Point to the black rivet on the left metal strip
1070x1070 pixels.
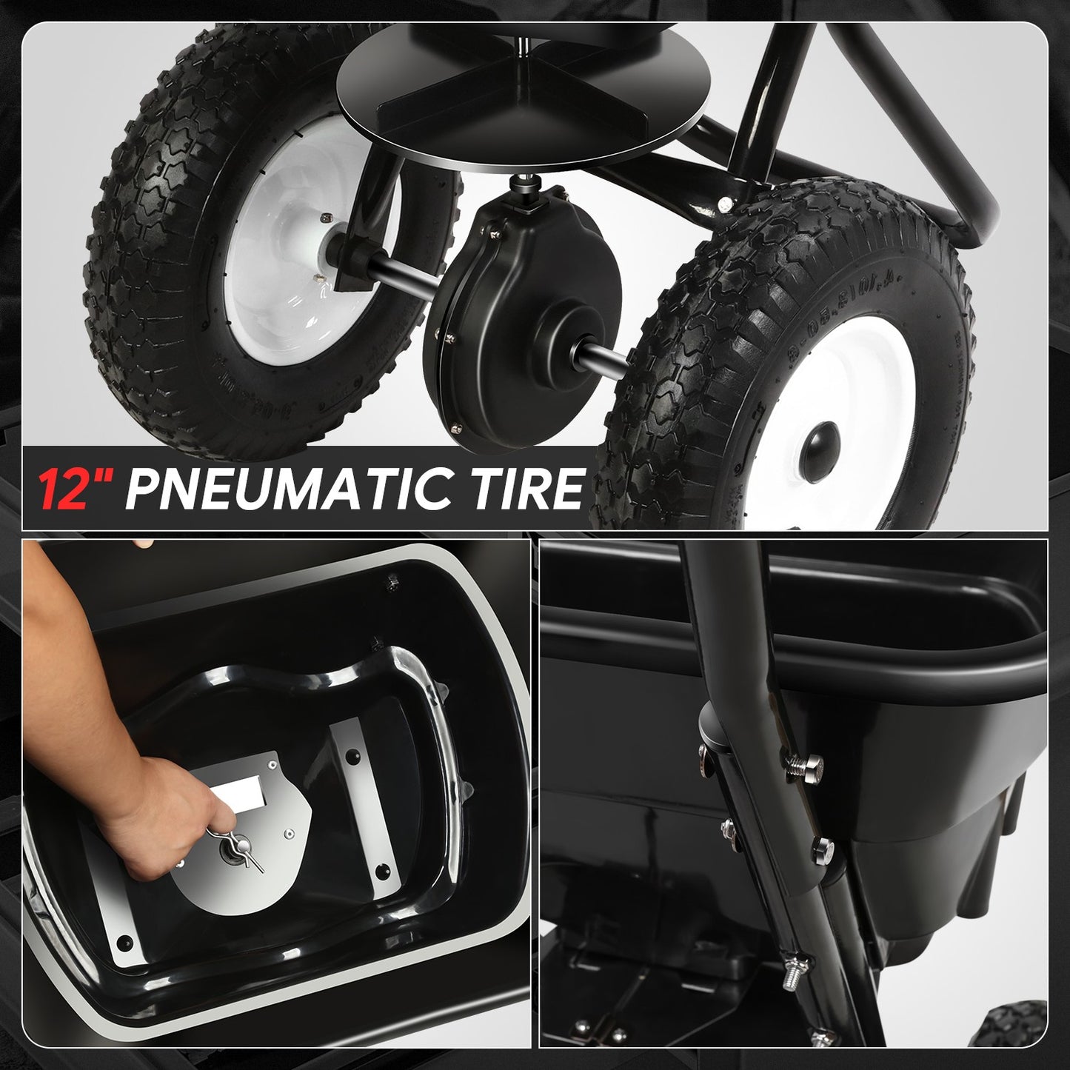(x=125, y=943)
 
